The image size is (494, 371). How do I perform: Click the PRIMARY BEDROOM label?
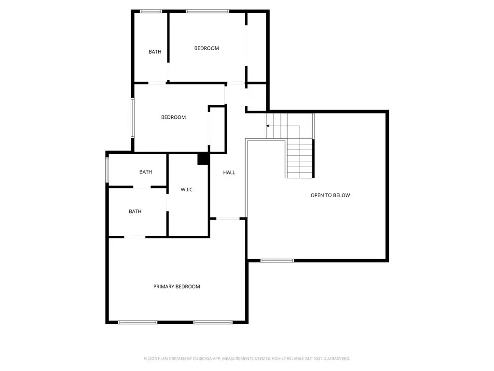pos(177,286)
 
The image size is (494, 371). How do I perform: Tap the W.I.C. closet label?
pos(187,189)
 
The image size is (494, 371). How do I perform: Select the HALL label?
pos(229,172)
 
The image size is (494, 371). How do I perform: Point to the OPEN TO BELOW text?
pos(330,195)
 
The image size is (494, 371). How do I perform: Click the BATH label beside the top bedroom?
pos(155,52)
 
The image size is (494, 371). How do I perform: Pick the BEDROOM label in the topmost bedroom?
pos(206,48)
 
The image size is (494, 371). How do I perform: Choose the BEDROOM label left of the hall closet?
pos(173,117)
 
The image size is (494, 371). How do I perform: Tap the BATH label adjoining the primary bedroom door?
pos(135,212)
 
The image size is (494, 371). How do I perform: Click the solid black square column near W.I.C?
pos(203,158)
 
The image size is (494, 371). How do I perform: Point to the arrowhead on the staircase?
pos(267,126)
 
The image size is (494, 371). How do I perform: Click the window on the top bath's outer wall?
pos(151,12)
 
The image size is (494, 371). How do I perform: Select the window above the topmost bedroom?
pos(207,12)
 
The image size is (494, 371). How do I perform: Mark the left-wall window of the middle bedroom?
pos(133,118)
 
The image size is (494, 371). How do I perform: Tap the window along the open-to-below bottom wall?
pos(277,260)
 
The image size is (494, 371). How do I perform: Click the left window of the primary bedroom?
pos(137,322)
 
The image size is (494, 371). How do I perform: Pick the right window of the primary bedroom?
pos(213,322)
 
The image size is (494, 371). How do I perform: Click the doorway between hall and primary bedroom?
pos(228,218)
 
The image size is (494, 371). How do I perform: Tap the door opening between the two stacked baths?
pos(142,187)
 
